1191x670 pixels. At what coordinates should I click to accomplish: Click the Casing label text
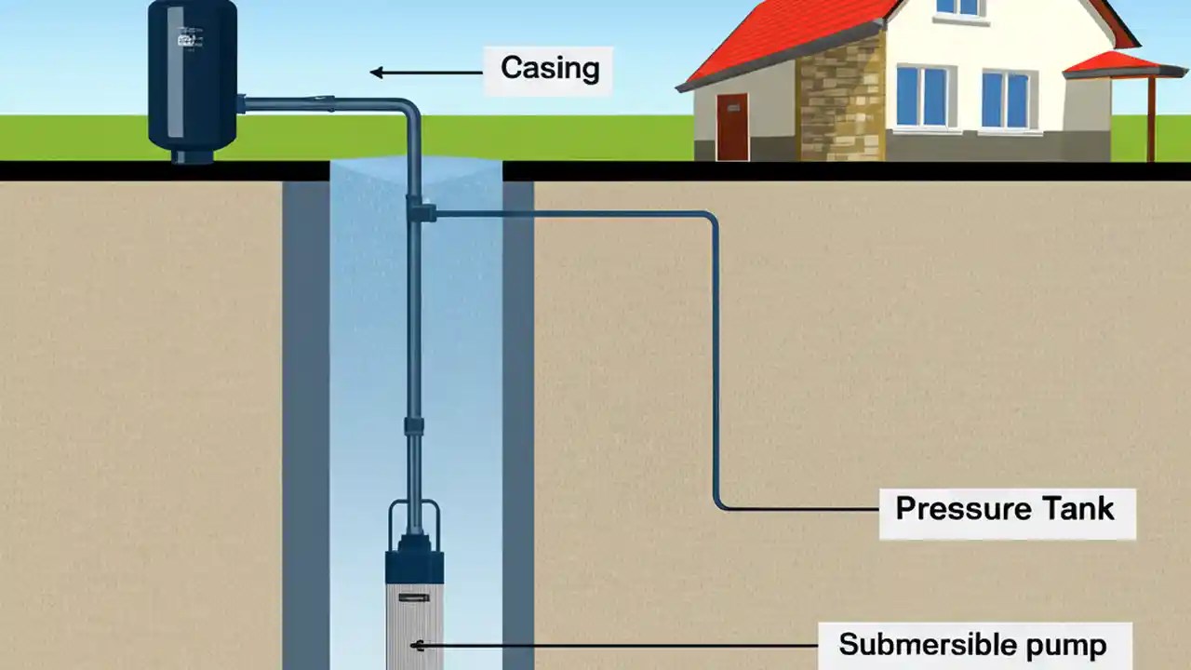click(549, 68)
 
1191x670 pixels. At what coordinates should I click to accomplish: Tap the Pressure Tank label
click(1004, 509)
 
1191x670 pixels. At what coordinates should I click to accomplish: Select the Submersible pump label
click(971, 644)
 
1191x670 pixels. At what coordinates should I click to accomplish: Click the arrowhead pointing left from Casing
click(377, 73)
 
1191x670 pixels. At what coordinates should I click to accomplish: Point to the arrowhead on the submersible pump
click(418, 645)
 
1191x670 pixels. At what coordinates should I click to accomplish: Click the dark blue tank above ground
click(193, 79)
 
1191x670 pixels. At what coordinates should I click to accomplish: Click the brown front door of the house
click(732, 127)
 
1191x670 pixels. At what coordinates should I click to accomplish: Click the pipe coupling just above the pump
click(414, 428)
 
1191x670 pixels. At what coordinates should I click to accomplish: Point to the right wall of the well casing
click(518, 419)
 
